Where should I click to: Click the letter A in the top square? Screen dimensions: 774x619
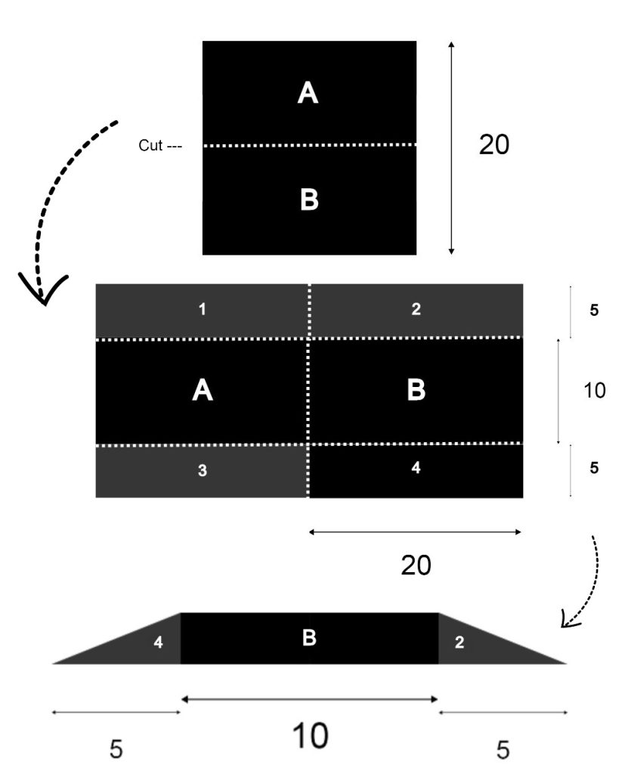[x=308, y=93]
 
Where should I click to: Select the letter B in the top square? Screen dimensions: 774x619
[x=308, y=200]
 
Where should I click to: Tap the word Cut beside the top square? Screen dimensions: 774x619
[x=150, y=145]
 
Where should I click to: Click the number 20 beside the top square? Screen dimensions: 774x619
[x=494, y=145]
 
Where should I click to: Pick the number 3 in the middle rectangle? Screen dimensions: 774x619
[x=202, y=471]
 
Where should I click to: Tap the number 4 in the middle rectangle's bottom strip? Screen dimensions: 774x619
[x=416, y=468]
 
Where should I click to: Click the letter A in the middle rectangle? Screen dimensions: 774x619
[x=202, y=390]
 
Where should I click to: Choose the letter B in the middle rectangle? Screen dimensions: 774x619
[x=416, y=390]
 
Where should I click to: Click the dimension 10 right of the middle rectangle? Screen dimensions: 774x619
[x=595, y=391]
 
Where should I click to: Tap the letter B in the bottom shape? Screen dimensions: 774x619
[x=308, y=638]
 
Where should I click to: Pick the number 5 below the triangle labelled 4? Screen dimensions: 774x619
[x=116, y=749]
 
